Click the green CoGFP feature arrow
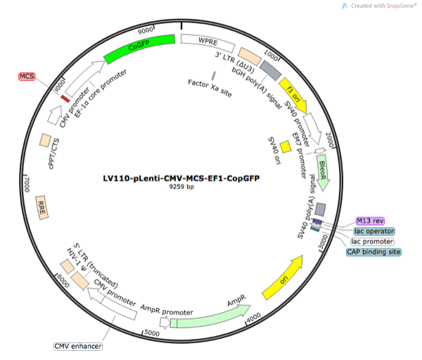pos(140,46)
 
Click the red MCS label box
pos(27,76)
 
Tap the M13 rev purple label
pos(370,220)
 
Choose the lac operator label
pos(374,231)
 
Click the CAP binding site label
pos(374,251)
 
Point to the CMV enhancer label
pos(78,346)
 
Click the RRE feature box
pos(43,207)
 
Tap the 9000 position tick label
pos(146,31)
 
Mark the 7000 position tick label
pos(29,183)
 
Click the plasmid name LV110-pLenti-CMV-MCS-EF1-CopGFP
pos(181,179)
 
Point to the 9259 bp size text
pos(181,188)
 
